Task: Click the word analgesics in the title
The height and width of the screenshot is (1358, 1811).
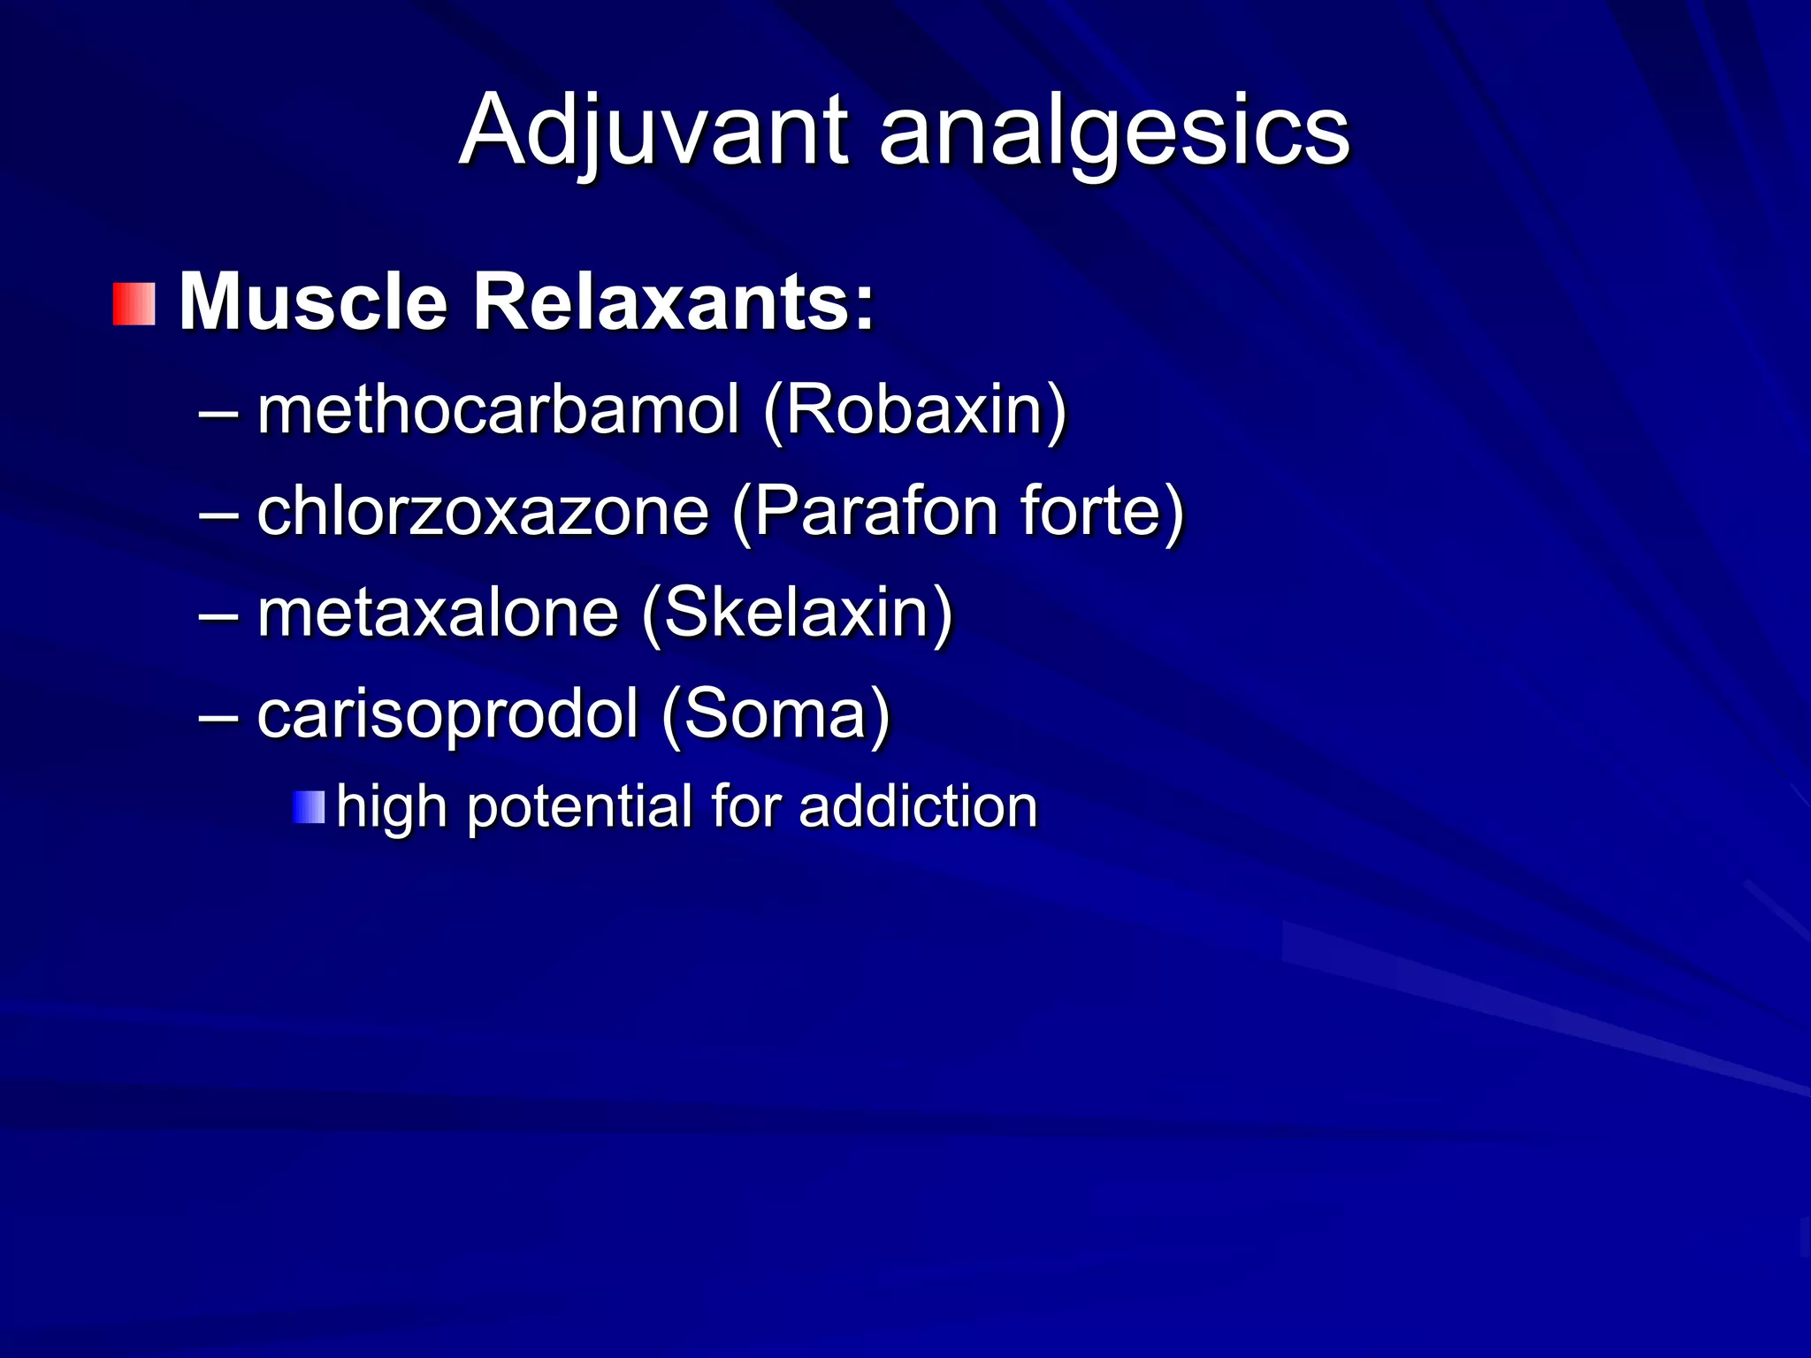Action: (1114, 133)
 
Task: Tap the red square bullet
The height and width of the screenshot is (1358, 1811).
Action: (134, 304)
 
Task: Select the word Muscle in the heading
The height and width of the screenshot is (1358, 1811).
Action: (314, 302)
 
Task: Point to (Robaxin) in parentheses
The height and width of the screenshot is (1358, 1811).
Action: (914, 412)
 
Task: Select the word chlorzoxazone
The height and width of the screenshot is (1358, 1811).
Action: (483, 512)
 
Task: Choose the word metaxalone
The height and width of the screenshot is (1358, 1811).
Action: (438, 613)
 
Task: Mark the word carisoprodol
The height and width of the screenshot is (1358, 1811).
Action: (447, 714)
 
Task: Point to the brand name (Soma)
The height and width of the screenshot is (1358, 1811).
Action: (776, 715)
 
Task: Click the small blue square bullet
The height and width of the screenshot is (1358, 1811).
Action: (309, 807)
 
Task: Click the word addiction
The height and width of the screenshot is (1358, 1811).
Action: (918, 807)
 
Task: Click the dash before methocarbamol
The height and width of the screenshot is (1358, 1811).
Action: (218, 413)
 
